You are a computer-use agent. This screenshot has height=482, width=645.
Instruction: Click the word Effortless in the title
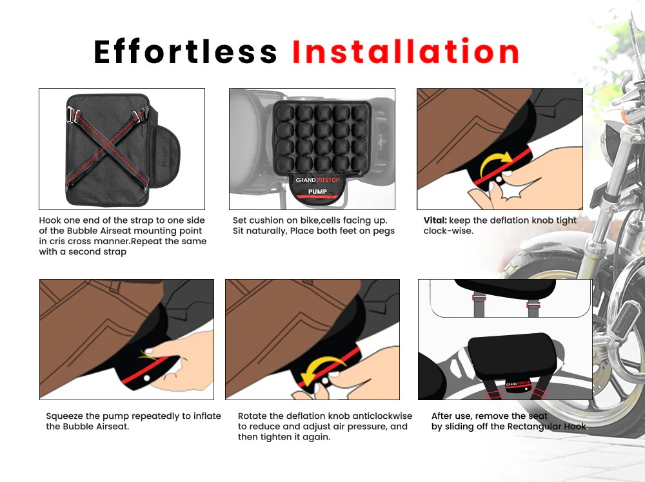coord(186,52)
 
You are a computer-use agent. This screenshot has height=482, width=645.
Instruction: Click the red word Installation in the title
coord(406,51)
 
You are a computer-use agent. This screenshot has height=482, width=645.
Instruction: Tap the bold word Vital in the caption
coord(435,220)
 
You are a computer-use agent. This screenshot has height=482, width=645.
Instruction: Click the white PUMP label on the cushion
coord(317,191)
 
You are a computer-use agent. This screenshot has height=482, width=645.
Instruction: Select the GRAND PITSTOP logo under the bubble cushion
coord(317,180)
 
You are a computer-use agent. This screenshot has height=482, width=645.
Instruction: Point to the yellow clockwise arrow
coord(495,164)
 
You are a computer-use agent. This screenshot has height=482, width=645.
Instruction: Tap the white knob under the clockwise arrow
coord(499,180)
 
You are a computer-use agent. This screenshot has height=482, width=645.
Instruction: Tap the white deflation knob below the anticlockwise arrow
coord(325,381)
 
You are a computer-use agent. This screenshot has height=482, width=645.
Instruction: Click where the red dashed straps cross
coord(108,144)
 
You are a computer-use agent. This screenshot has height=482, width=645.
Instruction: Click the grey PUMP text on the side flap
coord(164,156)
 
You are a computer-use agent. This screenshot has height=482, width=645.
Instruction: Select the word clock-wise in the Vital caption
coord(448,231)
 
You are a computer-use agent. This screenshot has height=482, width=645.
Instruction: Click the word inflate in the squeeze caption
coord(207,416)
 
